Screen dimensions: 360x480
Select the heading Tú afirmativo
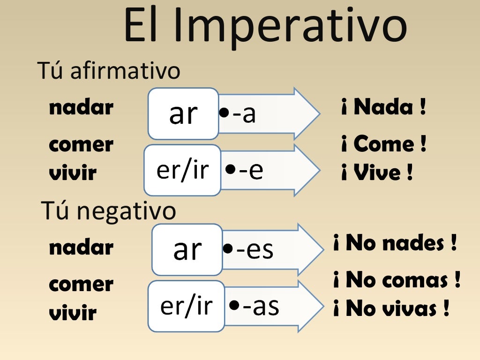pyautogui.click(x=108, y=71)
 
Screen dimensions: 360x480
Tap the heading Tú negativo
pyautogui.click(x=109, y=210)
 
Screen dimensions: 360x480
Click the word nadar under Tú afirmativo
pyautogui.click(x=81, y=108)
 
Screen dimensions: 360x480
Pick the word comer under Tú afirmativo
pyautogui.click(x=81, y=145)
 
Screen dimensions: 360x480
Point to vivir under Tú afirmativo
pyautogui.click(x=73, y=173)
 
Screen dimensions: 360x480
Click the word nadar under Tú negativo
pyautogui.click(x=81, y=247)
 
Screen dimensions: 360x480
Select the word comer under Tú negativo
pyautogui.click(x=81, y=285)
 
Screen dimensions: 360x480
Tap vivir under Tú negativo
pyautogui.click(x=73, y=313)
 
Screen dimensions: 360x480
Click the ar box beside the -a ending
pyautogui.click(x=183, y=114)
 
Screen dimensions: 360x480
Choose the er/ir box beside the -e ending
pyautogui.click(x=182, y=170)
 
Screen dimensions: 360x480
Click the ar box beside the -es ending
pyautogui.click(x=187, y=249)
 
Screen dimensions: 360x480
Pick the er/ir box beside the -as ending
pyautogui.click(x=186, y=306)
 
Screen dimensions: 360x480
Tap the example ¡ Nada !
pyautogui.click(x=383, y=108)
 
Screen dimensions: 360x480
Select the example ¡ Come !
pyautogui.click(x=383, y=144)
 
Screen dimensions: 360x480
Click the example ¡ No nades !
pyautogui.click(x=395, y=244)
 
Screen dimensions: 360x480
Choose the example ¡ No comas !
pyautogui.click(x=397, y=281)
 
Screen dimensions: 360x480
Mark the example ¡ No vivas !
pyautogui.click(x=391, y=309)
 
